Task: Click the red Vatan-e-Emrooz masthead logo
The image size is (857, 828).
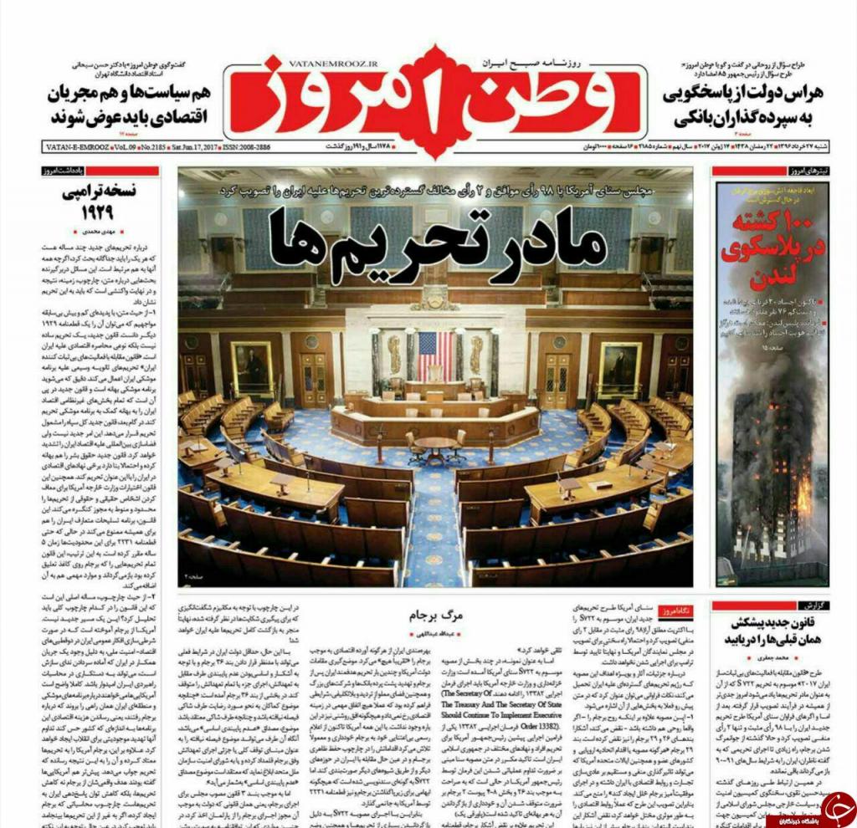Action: click(x=428, y=99)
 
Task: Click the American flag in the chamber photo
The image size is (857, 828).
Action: click(x=435, y=355)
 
